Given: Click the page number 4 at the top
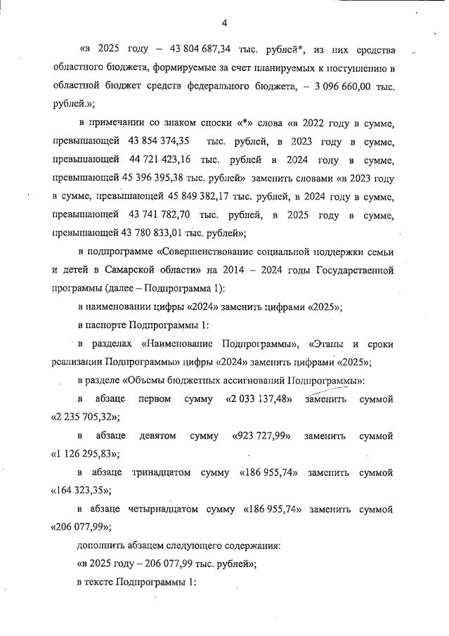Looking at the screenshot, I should (x=224, y=23).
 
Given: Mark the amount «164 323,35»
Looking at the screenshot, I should (x=82, y=491).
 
